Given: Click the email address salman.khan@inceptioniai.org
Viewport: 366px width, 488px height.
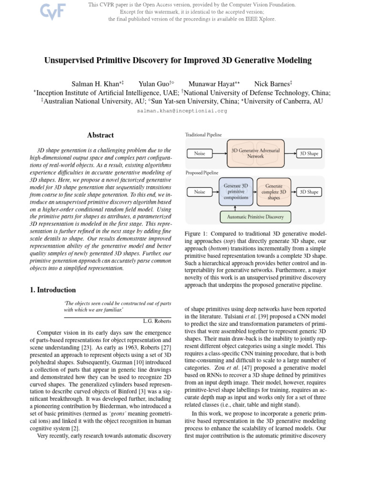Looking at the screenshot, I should [182, 111].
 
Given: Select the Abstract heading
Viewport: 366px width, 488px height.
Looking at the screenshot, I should [101, 135].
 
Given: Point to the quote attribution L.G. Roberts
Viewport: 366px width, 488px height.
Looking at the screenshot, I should [157, 320].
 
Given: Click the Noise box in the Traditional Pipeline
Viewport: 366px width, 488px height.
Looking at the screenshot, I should [200, 153].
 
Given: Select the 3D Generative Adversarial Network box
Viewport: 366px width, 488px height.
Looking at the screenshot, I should [255, 153].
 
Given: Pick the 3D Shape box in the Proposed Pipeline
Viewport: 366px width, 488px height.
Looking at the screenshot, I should [309, 192].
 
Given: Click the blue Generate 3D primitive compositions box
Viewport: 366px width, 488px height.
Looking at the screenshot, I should [235, 192].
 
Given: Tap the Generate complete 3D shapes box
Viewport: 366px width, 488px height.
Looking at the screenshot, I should [274, 192].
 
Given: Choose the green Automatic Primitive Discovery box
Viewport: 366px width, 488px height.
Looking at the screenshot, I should [255, 217].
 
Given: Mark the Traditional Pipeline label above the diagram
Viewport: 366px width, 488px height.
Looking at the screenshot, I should [203, 135].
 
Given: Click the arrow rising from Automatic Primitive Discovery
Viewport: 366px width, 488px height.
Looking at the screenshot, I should [235, 208].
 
